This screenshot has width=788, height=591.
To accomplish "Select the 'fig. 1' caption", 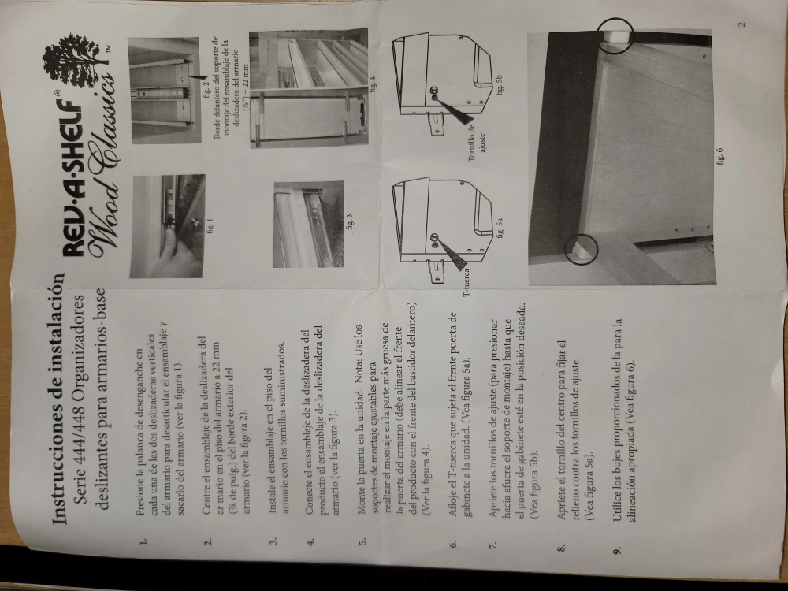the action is tap(210, 225).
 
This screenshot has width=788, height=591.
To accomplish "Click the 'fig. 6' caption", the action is tap(719, 156).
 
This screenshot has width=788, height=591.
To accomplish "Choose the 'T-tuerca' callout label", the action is tap(466, 282).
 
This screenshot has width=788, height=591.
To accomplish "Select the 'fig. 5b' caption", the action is tap(499, 84).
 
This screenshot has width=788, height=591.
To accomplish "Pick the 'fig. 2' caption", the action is tap(206, 88).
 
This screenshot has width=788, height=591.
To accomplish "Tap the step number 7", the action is tap(493, 545).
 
